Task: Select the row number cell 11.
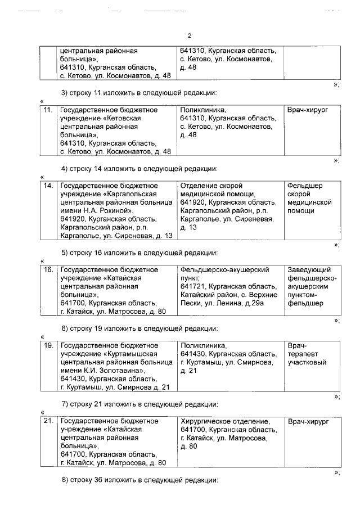(48, 110)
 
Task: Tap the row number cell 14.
(48, 186)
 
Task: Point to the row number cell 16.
(48, 270)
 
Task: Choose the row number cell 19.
(48, 345)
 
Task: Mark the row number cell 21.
(48, 421)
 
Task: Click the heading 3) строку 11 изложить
(139, 92)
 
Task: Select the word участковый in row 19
(307, 363)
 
